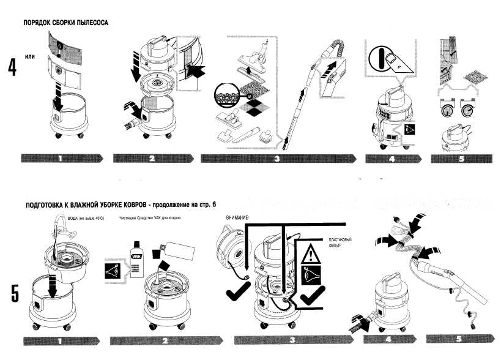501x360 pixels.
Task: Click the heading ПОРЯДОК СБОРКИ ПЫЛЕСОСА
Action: [x=65, y=23]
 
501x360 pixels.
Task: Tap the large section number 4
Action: [x=12, y=67]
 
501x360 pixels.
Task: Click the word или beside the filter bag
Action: [x=30, y=57]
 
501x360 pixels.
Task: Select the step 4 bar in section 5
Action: [x=389, y=338]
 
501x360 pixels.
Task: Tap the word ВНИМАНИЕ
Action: [x=237, y=218]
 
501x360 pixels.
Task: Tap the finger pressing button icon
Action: [x=389, y=64]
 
